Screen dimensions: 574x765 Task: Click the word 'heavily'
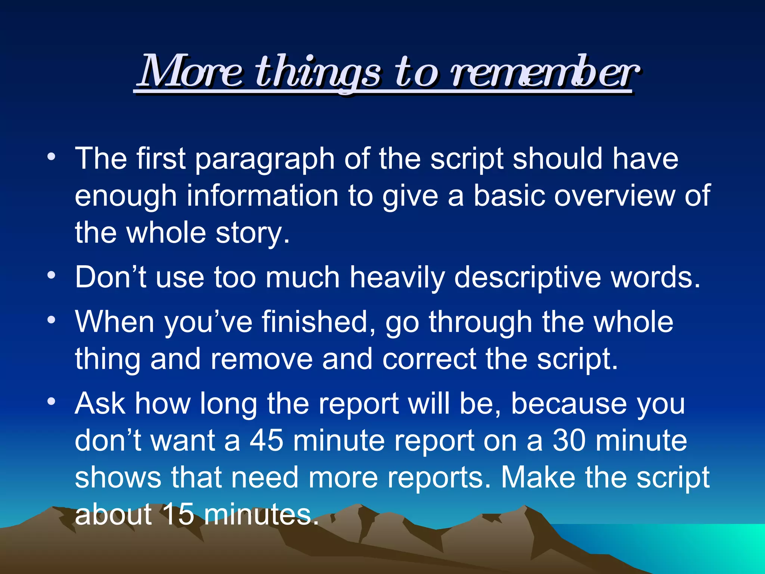point(397,277)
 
